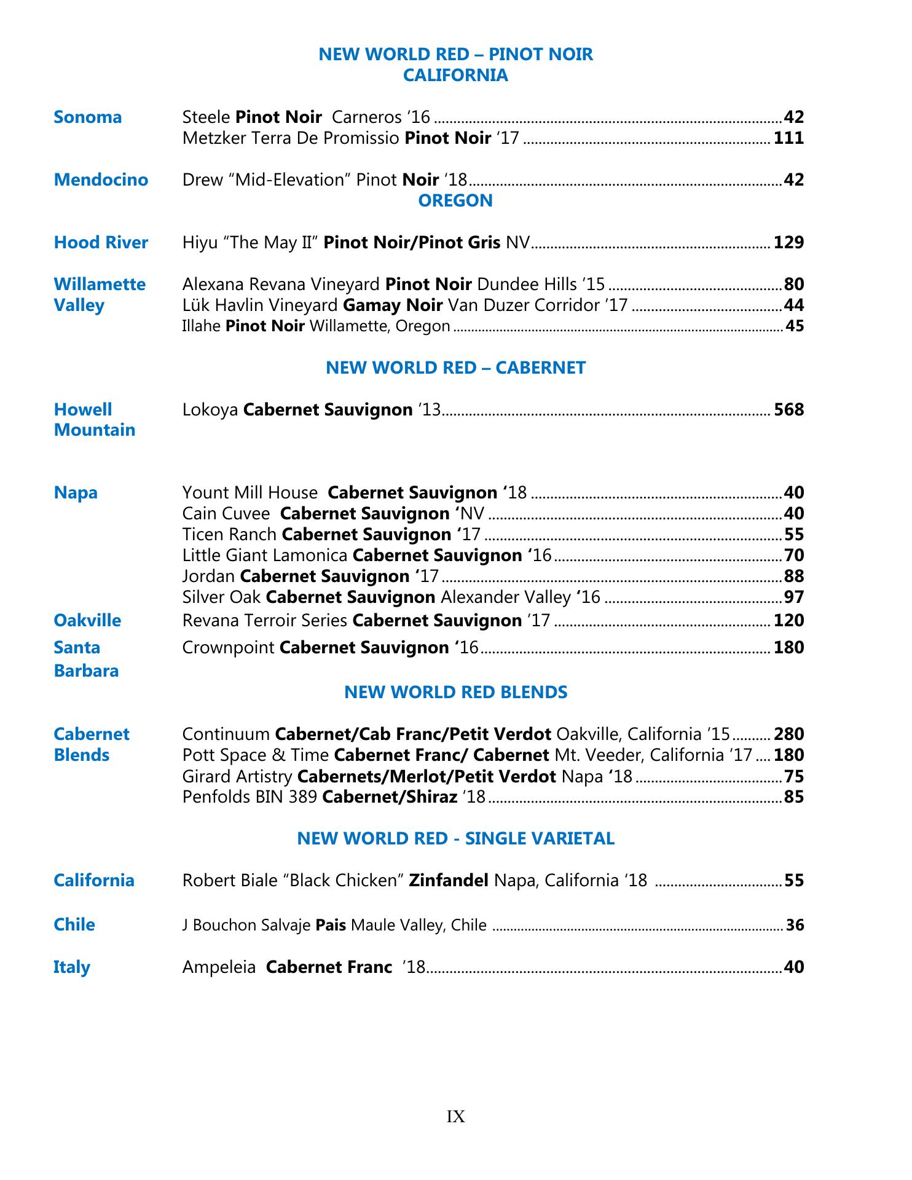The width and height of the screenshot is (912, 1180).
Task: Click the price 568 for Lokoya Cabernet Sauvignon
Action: (x=788, y=409)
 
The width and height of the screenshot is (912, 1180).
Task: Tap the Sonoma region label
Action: (x=88, y=117)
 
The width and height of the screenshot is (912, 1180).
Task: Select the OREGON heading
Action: (x=455, y=200)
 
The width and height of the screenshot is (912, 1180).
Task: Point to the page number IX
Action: (x=455, y=1117)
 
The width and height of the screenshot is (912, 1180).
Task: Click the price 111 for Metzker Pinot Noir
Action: (x=788, y=138)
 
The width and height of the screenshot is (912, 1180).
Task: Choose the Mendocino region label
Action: (x=101, y=179)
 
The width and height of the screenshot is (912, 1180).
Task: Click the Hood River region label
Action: (x=101, y=242)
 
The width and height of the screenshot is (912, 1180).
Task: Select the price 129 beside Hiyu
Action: (x=788, y=242)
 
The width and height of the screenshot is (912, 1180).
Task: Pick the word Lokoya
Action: (x=210, y=409)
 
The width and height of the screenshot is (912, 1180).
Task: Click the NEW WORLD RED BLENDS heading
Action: (x=455, y=692)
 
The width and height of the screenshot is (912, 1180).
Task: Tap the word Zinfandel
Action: (x=449, y=881)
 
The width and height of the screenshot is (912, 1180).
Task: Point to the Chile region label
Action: (x=74, y=924)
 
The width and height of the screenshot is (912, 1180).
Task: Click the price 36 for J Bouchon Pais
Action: (x=795, y=925)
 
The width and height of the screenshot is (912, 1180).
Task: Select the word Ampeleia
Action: (x=219, y=967)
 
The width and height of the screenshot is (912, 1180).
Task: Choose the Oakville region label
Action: (x=87, y=620)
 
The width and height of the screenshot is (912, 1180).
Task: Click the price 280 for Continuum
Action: (x=788, y=734)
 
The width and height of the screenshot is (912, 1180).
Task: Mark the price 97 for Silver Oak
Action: (x=794, y=597)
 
